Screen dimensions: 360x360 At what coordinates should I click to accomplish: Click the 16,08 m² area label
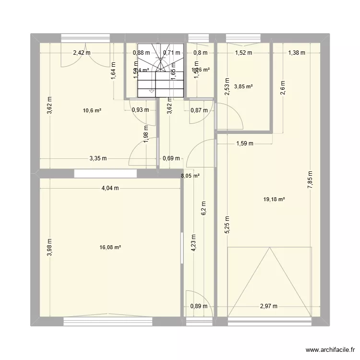tap(110, 248)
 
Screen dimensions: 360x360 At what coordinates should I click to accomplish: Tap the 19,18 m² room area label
tap(275, 199)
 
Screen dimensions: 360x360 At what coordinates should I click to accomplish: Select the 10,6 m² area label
tap(92, 110)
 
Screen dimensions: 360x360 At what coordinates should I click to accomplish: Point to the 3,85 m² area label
tap(243, 87)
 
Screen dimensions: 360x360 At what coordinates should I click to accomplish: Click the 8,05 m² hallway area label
tap(190, 176)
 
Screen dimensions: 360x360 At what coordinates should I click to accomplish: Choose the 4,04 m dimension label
tap(110, 189)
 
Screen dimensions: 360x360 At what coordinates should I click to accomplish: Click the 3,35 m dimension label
tap(97, 158)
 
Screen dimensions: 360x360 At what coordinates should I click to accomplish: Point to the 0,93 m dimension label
tap(140, 110)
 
